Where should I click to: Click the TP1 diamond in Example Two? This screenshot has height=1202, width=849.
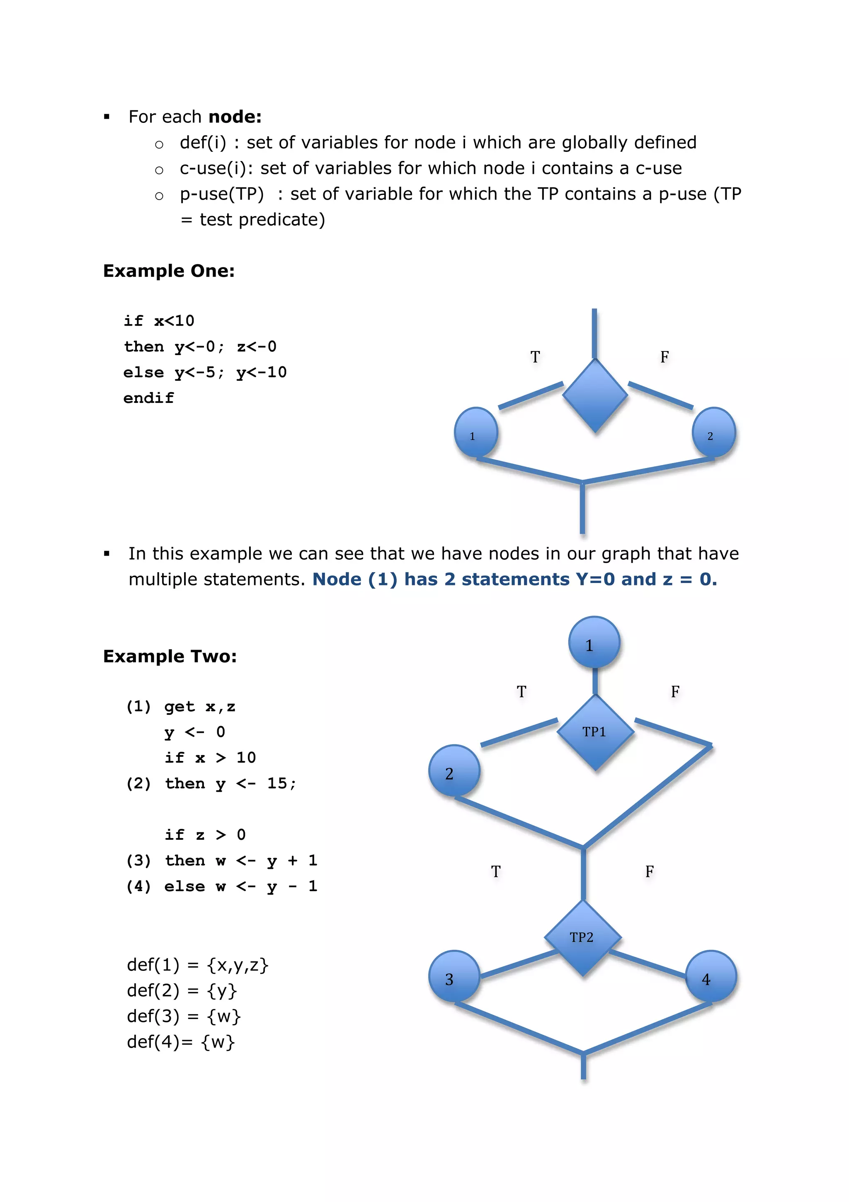click(595, 731)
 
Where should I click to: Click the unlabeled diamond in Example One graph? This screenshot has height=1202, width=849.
click(595, 396)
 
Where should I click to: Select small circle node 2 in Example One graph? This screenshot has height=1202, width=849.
click(713, 433)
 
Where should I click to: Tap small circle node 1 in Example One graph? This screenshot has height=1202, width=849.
click(475, 433)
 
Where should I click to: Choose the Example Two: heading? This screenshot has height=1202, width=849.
click(170, 656)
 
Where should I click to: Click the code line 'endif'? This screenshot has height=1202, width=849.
click(148, 398)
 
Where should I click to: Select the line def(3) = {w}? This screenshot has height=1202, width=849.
click(183, 1016)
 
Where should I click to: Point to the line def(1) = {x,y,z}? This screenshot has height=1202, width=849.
click(197, 965)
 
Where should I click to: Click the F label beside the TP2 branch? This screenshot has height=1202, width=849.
click(649, 872)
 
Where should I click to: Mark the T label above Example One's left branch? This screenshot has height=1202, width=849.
click(535, 357)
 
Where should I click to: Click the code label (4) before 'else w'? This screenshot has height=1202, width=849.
click(138, 886)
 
